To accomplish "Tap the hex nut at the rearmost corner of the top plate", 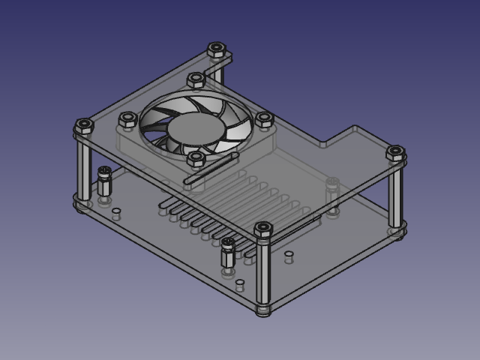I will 217,49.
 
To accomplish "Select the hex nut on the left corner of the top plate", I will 83,126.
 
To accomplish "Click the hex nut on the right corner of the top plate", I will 395,154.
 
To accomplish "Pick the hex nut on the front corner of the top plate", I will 263,229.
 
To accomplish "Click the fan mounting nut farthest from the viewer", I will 196,79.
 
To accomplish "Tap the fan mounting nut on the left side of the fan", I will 127,118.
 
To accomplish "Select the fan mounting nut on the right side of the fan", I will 264,118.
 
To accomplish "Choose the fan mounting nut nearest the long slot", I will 196,158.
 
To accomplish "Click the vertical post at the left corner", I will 84,169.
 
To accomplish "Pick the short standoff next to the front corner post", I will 228,256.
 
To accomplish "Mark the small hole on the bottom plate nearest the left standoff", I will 115,212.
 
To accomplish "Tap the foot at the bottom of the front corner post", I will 262,309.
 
